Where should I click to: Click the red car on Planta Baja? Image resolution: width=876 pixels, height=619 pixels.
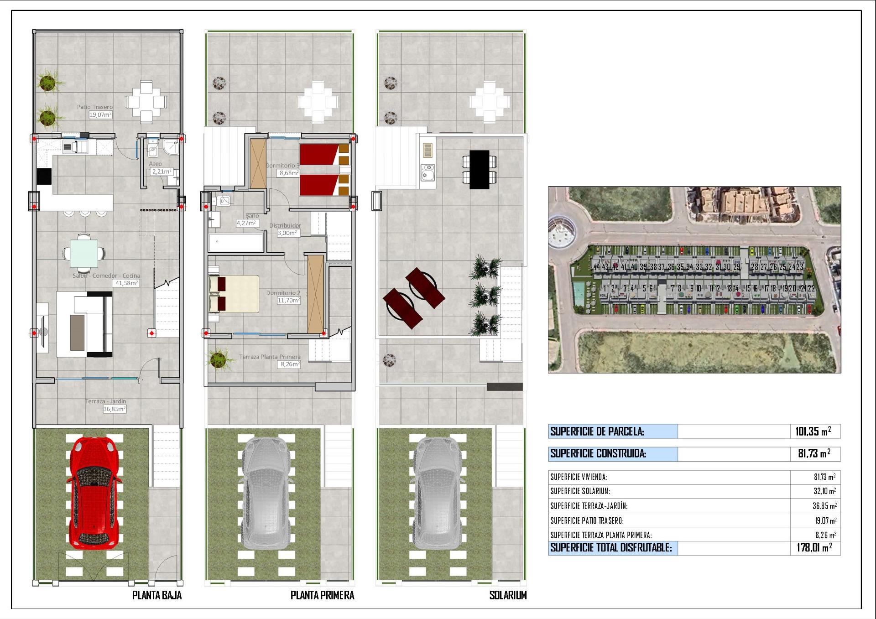pyautogui.click(x=95, y=493)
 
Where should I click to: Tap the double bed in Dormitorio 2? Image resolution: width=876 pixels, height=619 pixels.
pyautogui.click(x=234, y=294)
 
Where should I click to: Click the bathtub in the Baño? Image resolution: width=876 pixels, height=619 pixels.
pyautogui.click(x=236, y=243)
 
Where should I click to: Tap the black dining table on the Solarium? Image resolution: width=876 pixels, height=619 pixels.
pyautogui.click(x=479, y=169)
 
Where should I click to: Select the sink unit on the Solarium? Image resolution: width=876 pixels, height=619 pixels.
pyautogui.click(x=428, y=172)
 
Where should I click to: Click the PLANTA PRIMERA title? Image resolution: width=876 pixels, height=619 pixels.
pyautogui.click(x=322, y=595)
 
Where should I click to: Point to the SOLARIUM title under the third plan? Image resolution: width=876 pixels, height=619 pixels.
pyautogui.click(x=508, y=595)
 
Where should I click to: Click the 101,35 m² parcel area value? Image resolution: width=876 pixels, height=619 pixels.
pyautogui.click(x=813, y=431)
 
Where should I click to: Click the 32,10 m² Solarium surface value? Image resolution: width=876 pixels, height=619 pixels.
pyautogui.click(x=825, y=491)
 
